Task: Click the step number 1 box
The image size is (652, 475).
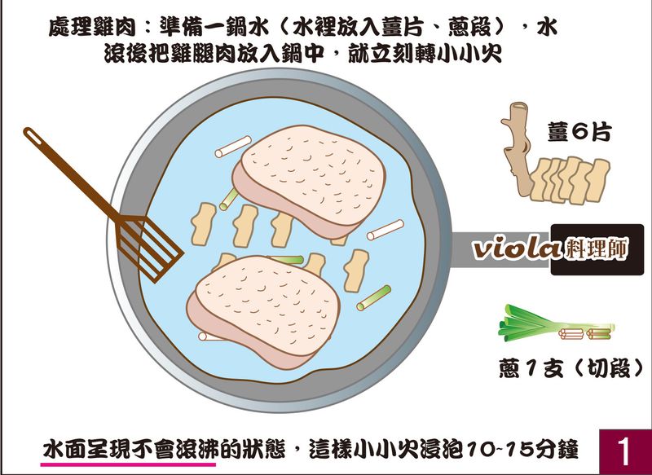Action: tap(625, 451)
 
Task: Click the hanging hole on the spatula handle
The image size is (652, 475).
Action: tap(33, 136)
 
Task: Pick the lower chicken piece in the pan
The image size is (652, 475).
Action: tap(262, 311)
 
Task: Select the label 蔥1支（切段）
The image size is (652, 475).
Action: tap(570, 368)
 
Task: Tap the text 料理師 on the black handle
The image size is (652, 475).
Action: tap(597, 249)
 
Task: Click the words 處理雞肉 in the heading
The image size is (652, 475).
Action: tap(92, 28)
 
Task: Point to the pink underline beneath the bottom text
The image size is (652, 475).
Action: tap(128, 464)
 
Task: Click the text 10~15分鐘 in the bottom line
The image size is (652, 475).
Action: tap(522, 449)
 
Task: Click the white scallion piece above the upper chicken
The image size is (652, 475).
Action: tap(233, 147)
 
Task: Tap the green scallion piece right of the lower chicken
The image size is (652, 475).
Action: tap(374, 298)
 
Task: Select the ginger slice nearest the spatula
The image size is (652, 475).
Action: tap(203, 223)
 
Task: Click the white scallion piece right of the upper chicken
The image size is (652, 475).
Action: tap(385, 230)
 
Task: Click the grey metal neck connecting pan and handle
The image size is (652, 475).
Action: tap(500, 249)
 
